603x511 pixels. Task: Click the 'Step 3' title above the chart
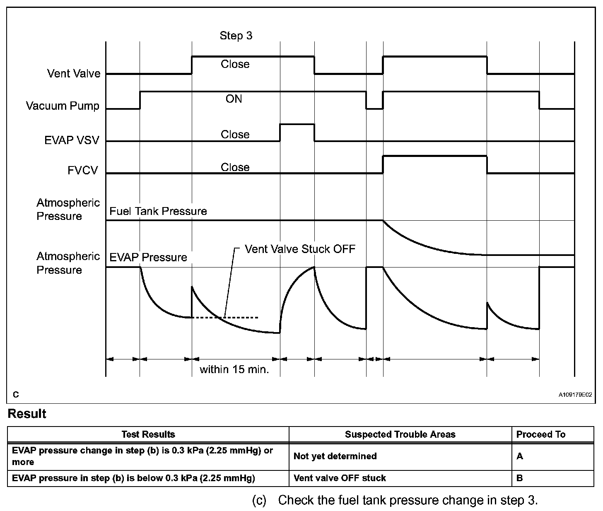(x=236, y=36)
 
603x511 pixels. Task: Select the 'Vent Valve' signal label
(x=74, y=74)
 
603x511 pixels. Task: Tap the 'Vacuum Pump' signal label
(x=63, y=106)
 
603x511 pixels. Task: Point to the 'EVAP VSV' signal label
(x=72, y=140)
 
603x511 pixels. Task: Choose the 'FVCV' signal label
(x=83, y=171)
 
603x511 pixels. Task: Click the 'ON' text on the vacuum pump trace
(x=234, y=99)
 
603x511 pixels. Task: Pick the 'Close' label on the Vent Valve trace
(x=235, y=64)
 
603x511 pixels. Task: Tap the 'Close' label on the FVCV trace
(x=235, y=167)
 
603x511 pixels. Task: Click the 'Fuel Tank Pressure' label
(x=158, y=211)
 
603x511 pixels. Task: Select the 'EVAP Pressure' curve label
(x=148, y=258)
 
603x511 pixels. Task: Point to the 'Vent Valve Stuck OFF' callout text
(x=300, y=249)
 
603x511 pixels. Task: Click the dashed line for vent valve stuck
(x=240, y=318)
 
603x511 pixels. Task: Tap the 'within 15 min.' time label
(x=234, y=369)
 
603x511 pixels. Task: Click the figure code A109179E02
(x=575, y=395)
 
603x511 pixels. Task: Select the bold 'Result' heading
(x=27, y=414)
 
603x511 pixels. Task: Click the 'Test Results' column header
(x=148, y=434)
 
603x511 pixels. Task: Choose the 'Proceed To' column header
(x=540, y=434)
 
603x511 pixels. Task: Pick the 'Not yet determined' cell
(x=335, y=456)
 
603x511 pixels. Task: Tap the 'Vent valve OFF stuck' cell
(x=339, y=478)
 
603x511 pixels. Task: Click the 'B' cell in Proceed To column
(x=519, y=478)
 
